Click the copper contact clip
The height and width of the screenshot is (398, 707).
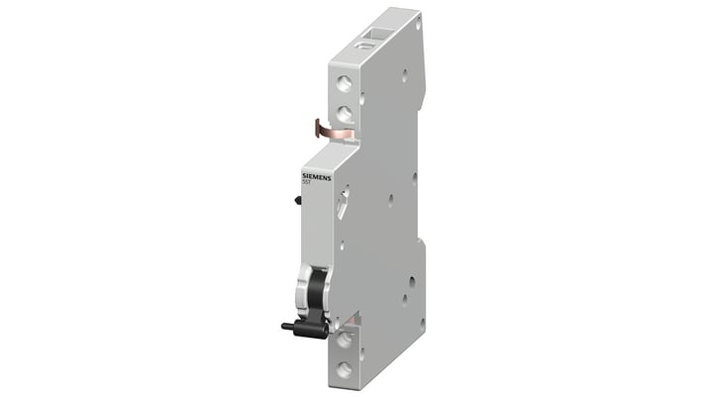pos(334,129)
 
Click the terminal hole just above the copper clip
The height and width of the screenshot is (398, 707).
pos(343,113)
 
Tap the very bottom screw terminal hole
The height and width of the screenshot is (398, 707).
pos(344,368)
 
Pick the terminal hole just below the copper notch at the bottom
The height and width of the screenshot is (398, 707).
pos(344,341)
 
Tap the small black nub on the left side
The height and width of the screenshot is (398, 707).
pos(297,200)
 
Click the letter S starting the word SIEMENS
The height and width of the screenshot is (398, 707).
pos(303,176)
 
